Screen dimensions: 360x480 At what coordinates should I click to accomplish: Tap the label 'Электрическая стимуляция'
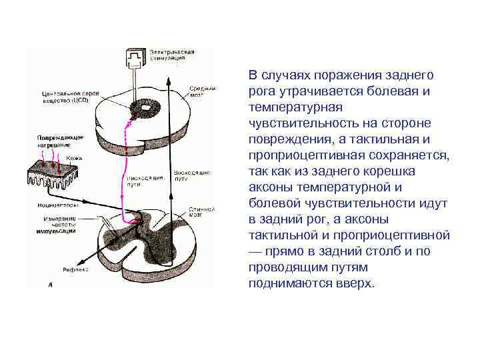pos(171,55)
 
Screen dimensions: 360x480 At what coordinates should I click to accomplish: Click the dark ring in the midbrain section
pos(143,107)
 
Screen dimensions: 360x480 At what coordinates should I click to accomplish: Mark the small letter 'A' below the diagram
pos(50,284)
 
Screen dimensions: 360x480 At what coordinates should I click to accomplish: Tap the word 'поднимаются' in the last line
pos(279,283)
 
